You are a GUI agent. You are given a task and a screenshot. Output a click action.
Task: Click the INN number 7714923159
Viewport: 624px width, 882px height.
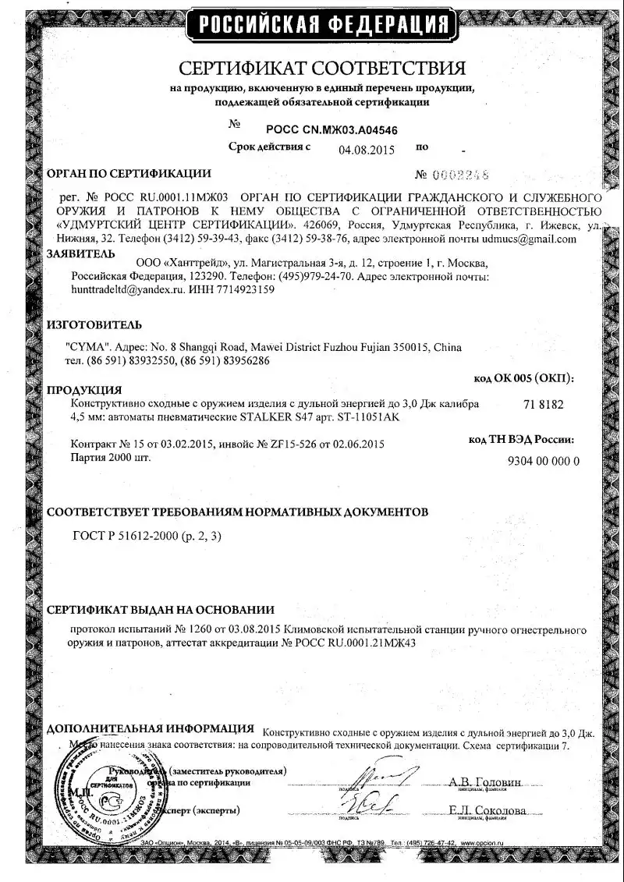click(x=243, y=290)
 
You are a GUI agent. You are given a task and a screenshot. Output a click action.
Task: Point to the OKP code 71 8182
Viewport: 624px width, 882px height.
click(x=539, y=405)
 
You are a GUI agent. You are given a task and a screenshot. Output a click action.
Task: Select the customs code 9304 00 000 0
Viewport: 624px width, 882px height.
click(x=544, y=461)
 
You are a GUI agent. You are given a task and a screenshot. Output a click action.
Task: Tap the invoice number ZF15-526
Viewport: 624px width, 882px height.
click(x=286, y=445)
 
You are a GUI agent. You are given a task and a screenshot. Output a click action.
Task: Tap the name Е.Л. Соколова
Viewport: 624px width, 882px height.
click(x=487, y=811)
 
